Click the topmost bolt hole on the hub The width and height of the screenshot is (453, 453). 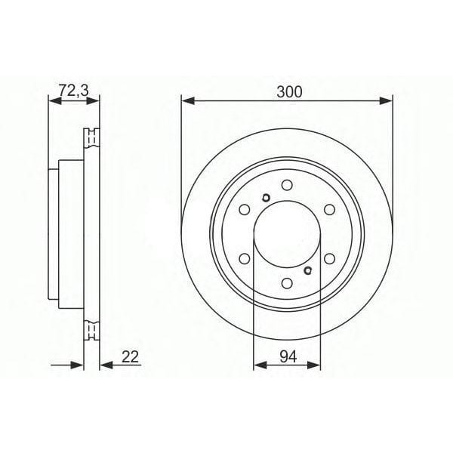pyautogui.click(x=287, y=185)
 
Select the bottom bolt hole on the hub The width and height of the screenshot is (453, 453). pyautogui.click(x=287, y=284)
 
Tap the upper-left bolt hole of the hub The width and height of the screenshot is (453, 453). pyautogui.click(x=244, y=211)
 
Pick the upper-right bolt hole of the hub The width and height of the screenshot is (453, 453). pyautogui.click(x=330, y=211)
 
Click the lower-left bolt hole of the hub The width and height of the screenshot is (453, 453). pyautogui.click(x=244, y=259)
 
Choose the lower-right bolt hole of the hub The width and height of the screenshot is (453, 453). pyautogui.click(x=330, y=259)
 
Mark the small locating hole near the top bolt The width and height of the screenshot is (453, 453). pyautogui.click(x=264, y=199)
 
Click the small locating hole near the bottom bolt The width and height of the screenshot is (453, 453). pyautogui.click(x=307, y=270)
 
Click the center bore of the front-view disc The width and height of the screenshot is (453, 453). pyautogui.click(x=287, y=235)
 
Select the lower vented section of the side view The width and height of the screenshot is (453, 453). pyautogui.click(x=91, y=330)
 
